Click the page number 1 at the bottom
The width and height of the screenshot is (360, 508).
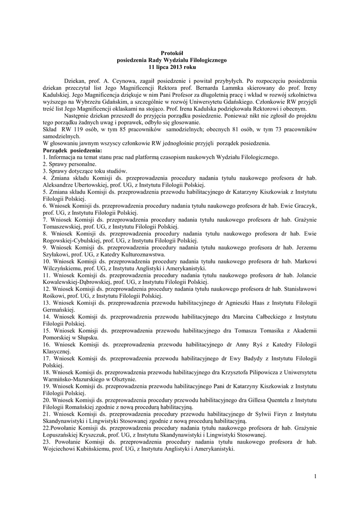tap(315, 477)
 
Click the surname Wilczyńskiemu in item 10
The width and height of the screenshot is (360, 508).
tap(65, 268)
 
